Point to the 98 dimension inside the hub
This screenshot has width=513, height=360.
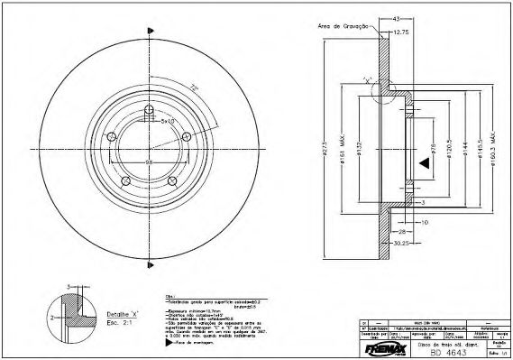click(x=148, y=162)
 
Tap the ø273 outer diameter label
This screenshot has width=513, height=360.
click(x=323, y=149)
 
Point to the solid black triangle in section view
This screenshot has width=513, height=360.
click(x=421, y=162)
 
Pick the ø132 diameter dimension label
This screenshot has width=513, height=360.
click(x=358, y=149)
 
